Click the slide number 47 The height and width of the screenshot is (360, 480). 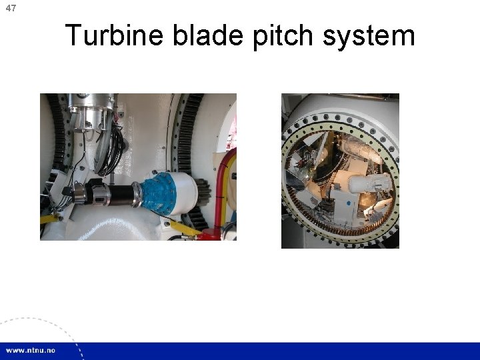11,9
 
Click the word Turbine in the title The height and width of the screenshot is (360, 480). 115,35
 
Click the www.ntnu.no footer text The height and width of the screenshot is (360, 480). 31,351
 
